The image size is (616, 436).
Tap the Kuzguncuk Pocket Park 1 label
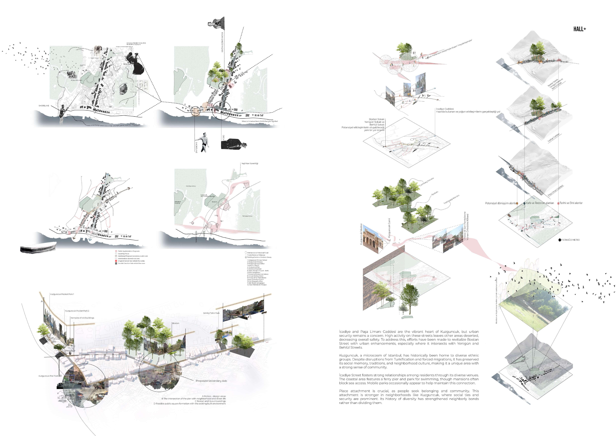(x=62, y=294)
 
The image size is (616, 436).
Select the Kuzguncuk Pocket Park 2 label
(x=77, y=311)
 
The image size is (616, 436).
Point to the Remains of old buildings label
(x=82, y=318)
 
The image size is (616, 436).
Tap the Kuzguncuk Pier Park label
(x=49, y=376)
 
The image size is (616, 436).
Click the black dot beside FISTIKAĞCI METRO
(x=559, y=240)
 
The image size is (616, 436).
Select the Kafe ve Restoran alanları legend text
(x=540, y=203)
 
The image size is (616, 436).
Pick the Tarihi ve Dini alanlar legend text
(x=571, y=203)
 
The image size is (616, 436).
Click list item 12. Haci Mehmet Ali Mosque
(x=257, y=285)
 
